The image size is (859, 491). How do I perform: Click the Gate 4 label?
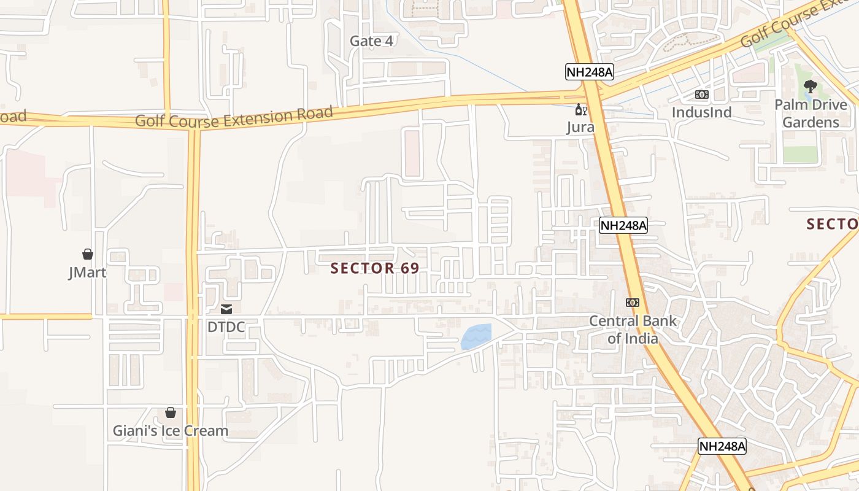click(x=371, y=41)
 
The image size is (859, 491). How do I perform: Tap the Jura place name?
click(x=580, y=127)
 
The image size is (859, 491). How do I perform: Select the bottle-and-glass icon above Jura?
click(x=580, y=110)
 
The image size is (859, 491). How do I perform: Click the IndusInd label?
click(x=701, y=112)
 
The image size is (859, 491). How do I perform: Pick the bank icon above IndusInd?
click(x=701, y=95)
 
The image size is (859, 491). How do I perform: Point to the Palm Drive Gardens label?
click(x=810, y=114)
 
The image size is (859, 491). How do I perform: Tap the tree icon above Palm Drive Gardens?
click(x=810, y=87)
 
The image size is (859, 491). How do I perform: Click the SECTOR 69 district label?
click(x=375, y=268)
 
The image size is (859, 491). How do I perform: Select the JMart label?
click(x=87, y=272)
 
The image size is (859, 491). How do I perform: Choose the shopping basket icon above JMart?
click(x=88, y=254)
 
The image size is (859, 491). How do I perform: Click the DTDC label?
click(x=226, y=327)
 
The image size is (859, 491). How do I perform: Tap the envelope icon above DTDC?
click(x=226, y=309)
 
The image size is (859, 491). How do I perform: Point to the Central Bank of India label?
click(x=633, y=329)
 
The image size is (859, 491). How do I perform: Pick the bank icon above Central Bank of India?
click(x=632, y=303)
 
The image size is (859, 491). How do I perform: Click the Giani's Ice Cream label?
click(x=171, y=431)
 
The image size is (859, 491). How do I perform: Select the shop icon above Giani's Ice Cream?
click(x=171, y=412)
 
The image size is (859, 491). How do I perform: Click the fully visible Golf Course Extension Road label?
click(x=234, y=116)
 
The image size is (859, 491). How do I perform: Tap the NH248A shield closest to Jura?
click(x=589, y=72)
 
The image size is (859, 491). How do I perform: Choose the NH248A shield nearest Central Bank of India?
click(x=623, y=225)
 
